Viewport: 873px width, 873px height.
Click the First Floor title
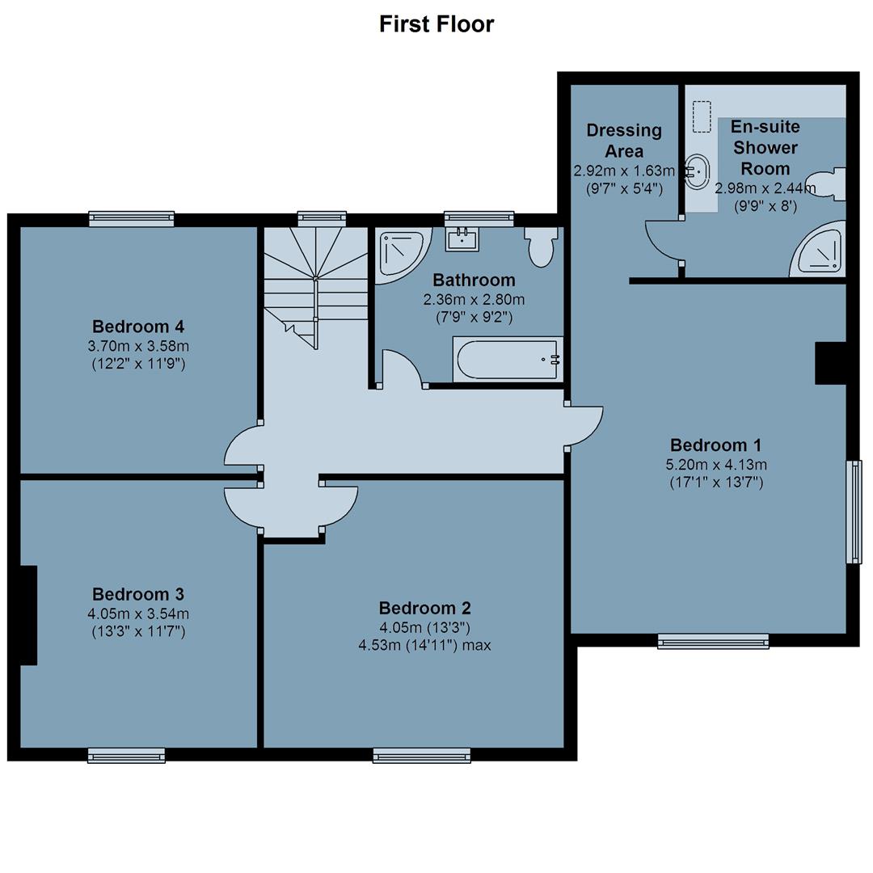pyautogui.click(x=436, y=24)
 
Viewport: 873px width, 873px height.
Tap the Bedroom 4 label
pyautogui.click(x=138, y=327)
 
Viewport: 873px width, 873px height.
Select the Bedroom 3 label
pyautogui.click(x=138, y=594)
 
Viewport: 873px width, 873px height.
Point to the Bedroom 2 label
pyautogui.click(x=425, y=607)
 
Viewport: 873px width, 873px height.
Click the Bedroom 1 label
pyautogui.click(x=716, y=445)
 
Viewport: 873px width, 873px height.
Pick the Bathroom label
pyautogui.click(x=474, y=280)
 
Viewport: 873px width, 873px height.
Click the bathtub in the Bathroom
pyautogui.click(x=508, y=359)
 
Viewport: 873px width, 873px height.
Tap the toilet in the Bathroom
pyautogui.click(x=540, y=247)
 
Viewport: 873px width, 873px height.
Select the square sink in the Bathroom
pyautogui.click(x=462, y=239)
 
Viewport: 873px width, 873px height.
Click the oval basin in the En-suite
pyautogui.click(x=696, y=172)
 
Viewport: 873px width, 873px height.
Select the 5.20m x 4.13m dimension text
pyautogui.click(x=716, y=464)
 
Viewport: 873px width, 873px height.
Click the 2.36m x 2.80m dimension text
pyautogui.click(x=474, y=300)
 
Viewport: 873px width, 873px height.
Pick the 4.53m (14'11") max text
pyautogui.click(x=425, y=645)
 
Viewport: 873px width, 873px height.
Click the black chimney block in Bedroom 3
pyautogui.click(x=29, y=615)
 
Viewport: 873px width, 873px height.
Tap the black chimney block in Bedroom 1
pyautogui.click(x=831, y=363)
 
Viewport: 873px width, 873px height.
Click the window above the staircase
pyautogui.click(x=322, y=219)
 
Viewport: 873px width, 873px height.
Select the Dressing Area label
pyautogui.click(x=624, y=141)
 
